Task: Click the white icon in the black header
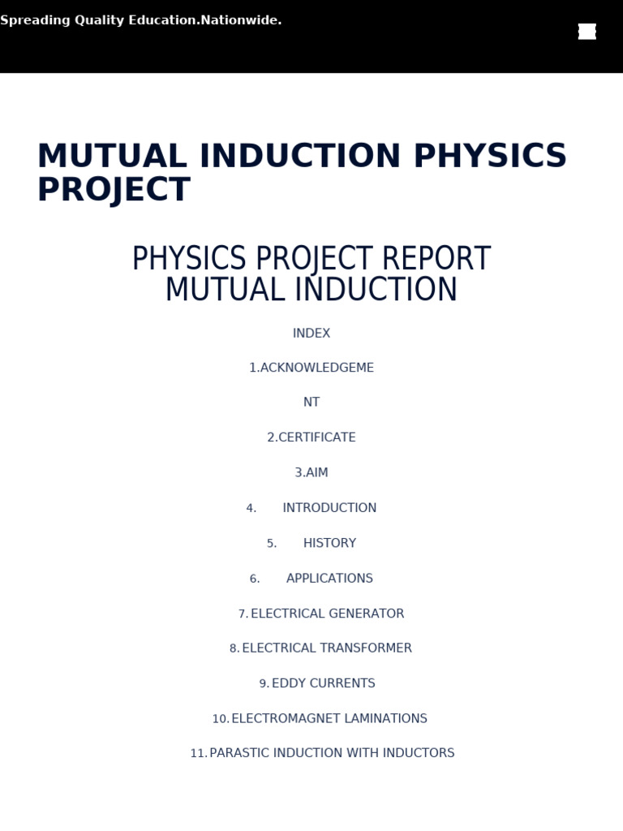coord(587,32)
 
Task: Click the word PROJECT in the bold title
coord(114,190)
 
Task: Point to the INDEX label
coord(311,334)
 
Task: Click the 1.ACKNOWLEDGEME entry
coord(311,368)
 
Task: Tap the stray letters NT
coord(311,403)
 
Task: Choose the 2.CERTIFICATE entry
coord(311,437)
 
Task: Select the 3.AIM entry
coord(311,472)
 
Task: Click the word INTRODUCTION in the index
coord(329,508)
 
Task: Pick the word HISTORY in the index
coord(329,543)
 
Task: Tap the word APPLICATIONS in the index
coord(329,579)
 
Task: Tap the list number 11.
coord(198,754)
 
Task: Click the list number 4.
coord(251,509)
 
